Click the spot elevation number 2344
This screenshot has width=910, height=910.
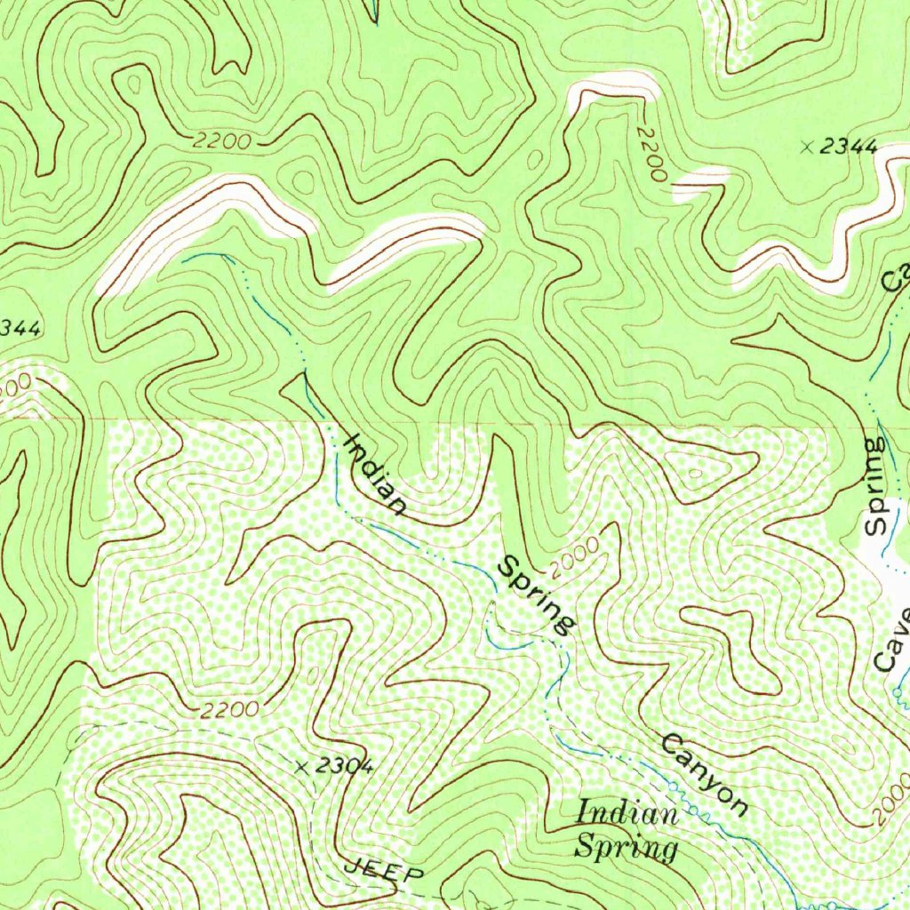848,148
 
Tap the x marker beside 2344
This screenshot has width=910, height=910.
807,148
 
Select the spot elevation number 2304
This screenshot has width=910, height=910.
343,767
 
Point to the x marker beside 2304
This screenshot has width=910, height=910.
302,767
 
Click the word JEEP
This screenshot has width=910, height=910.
384,870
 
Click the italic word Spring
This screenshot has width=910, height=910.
626,847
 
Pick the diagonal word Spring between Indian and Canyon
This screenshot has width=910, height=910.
534,595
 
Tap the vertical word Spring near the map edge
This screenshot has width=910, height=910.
876,485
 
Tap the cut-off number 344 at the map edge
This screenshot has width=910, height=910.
20,329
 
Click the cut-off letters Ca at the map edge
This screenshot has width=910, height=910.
896,277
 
